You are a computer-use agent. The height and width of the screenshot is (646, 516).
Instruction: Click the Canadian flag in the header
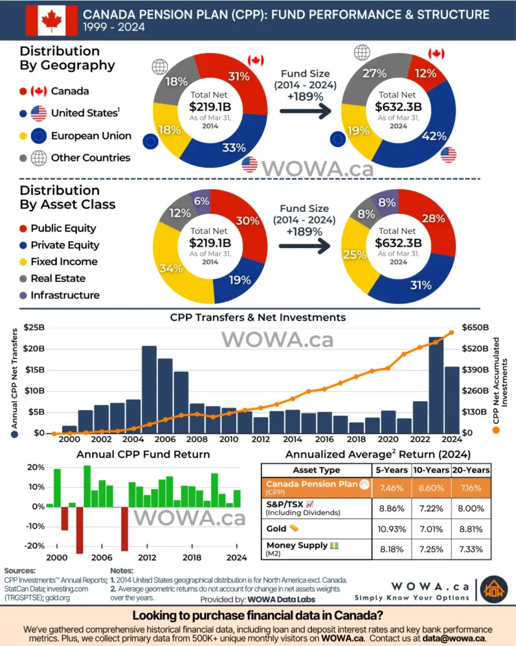pyautogui.click(x=51, y=20)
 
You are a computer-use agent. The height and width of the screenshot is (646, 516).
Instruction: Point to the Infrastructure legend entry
pyautogui.click(x=65, y=295)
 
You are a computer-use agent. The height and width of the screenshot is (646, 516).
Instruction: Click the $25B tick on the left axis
pyautogui.click(x=34, y=328)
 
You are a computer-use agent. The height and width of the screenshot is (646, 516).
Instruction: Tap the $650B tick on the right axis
pyautogui.click(x=474, y=328)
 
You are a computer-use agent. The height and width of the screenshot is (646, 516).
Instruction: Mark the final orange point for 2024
pyautogui.click(x=452, y=332)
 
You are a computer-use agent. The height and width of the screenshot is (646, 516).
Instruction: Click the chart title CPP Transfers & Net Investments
pyautogui.click(x=258, y=317)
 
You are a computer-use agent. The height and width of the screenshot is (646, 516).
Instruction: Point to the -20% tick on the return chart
pyautogui.click(x=35, y=546)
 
